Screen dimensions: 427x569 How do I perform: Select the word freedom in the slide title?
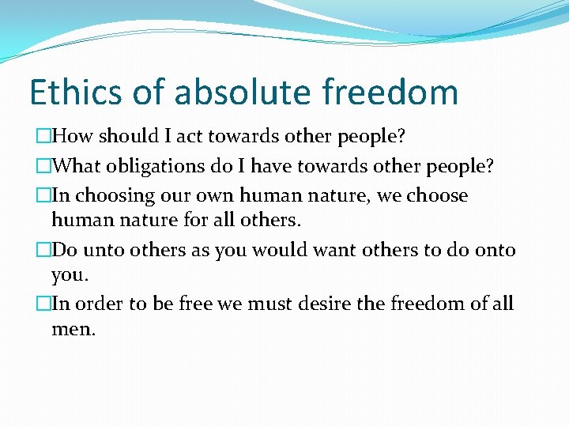(390, 93)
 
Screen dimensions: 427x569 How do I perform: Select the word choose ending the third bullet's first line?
(438, 195)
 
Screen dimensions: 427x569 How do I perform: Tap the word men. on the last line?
(73, 329)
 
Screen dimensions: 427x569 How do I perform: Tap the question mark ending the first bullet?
(401, 136)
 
